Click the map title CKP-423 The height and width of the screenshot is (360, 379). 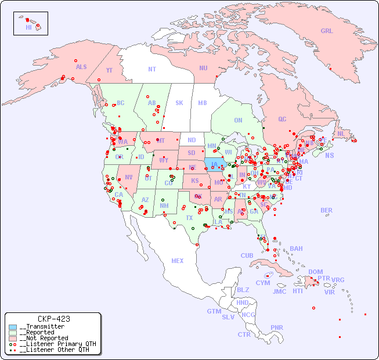click(x=53, y=319)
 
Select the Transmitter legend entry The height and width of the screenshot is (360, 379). click(x=41, y=327)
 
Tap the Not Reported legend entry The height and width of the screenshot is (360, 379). click(x=44, y=338)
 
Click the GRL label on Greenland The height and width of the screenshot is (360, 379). click(x=327, y=31)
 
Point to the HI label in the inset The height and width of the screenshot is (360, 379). click(x=28, y=27)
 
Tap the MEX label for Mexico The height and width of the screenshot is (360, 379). click(x=178, y=261)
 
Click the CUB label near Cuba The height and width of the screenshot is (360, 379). click(x=247, y=256)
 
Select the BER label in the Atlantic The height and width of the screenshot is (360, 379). click(x=327, y=211)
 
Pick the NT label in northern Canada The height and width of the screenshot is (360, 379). click(x=152, y=69)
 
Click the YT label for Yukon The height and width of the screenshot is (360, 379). click(x=109, y=70)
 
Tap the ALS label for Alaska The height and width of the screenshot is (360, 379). click(x=81, y=67)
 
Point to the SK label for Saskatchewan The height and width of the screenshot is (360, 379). click(x=179, y=103)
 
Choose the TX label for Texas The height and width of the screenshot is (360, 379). click(x=189, y=218)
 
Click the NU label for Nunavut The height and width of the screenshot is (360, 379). click(x=203, y=69)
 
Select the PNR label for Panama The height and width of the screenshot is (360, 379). click(x=277, y=327)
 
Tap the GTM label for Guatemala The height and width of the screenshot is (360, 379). click(x=214, y=312)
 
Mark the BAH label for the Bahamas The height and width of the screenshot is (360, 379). click(x=296, y=249)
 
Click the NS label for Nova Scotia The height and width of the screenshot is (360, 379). click(x=330, y=156)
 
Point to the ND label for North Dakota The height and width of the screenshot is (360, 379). click(x=192, y=141)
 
